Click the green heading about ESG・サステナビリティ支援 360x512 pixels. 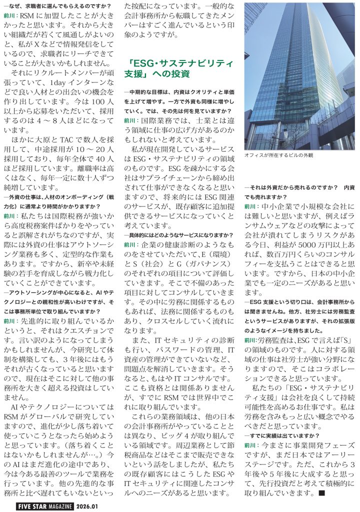tap(180, 68)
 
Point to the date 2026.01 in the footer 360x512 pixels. tap(89, 505)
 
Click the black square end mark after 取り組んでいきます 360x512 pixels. tap(322, 493)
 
